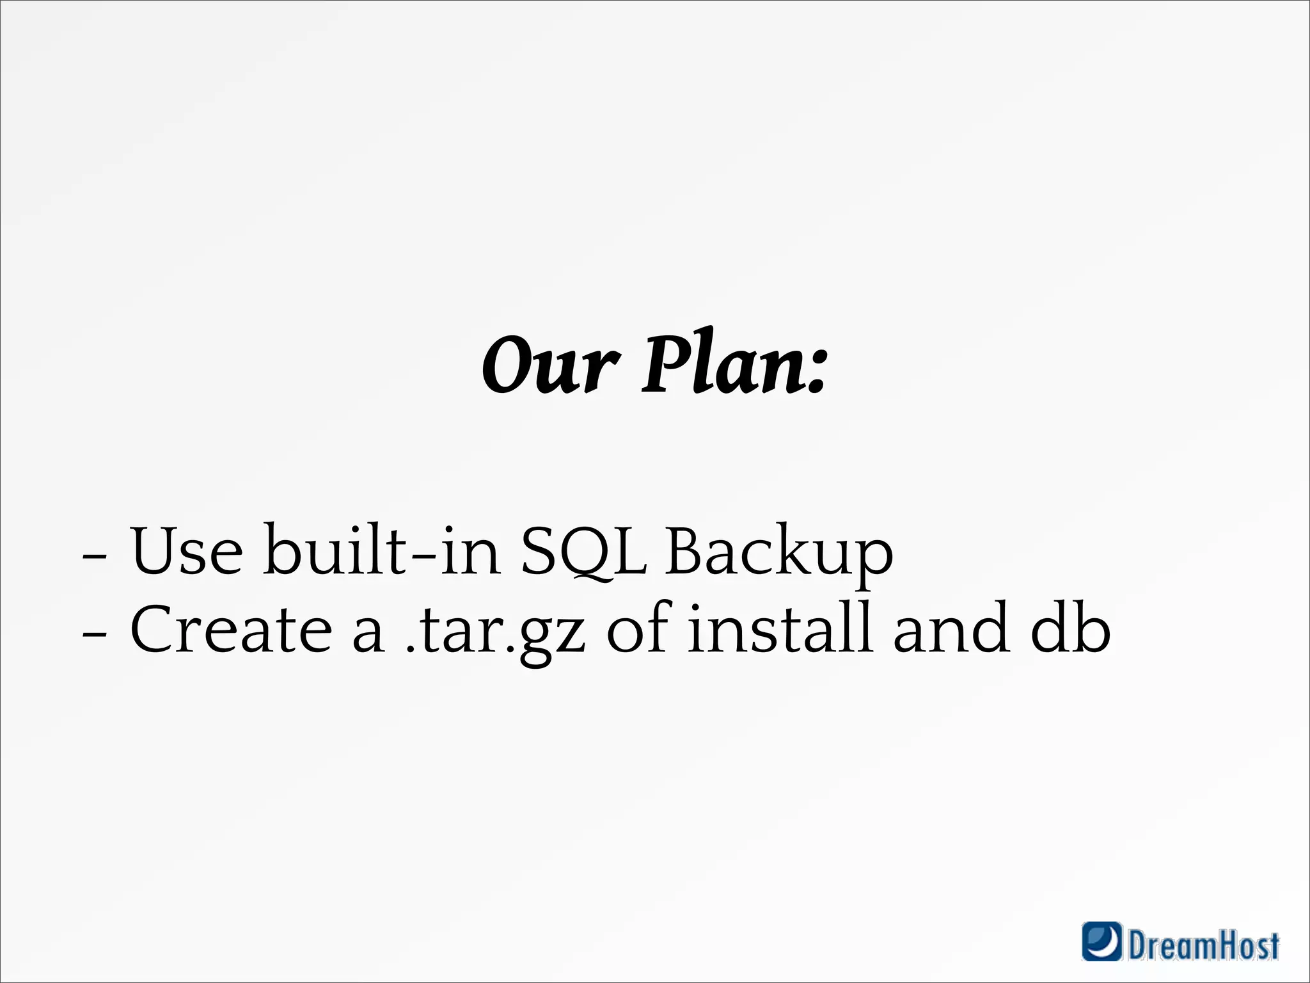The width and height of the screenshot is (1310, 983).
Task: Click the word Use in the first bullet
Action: pos(187,550)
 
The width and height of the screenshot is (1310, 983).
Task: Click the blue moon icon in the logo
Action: pos(1101,941)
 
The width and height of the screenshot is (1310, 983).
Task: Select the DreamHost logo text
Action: pos(1203,945)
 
